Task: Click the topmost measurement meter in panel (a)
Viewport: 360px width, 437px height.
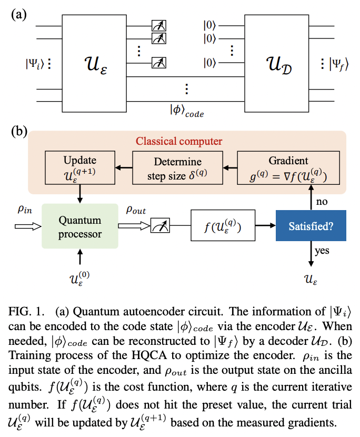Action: pyautogui.click(x=158, y=25)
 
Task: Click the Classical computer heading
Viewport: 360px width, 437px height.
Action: pyautogui.click(x=179, y=141)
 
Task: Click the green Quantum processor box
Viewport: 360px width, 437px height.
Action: pyautogui.click(x=80, y=226)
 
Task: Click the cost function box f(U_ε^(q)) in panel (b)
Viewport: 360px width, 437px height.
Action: pyautogui.click(x=223, y=227)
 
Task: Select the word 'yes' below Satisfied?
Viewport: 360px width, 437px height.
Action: pyautogui.click(x=322, y=251)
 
